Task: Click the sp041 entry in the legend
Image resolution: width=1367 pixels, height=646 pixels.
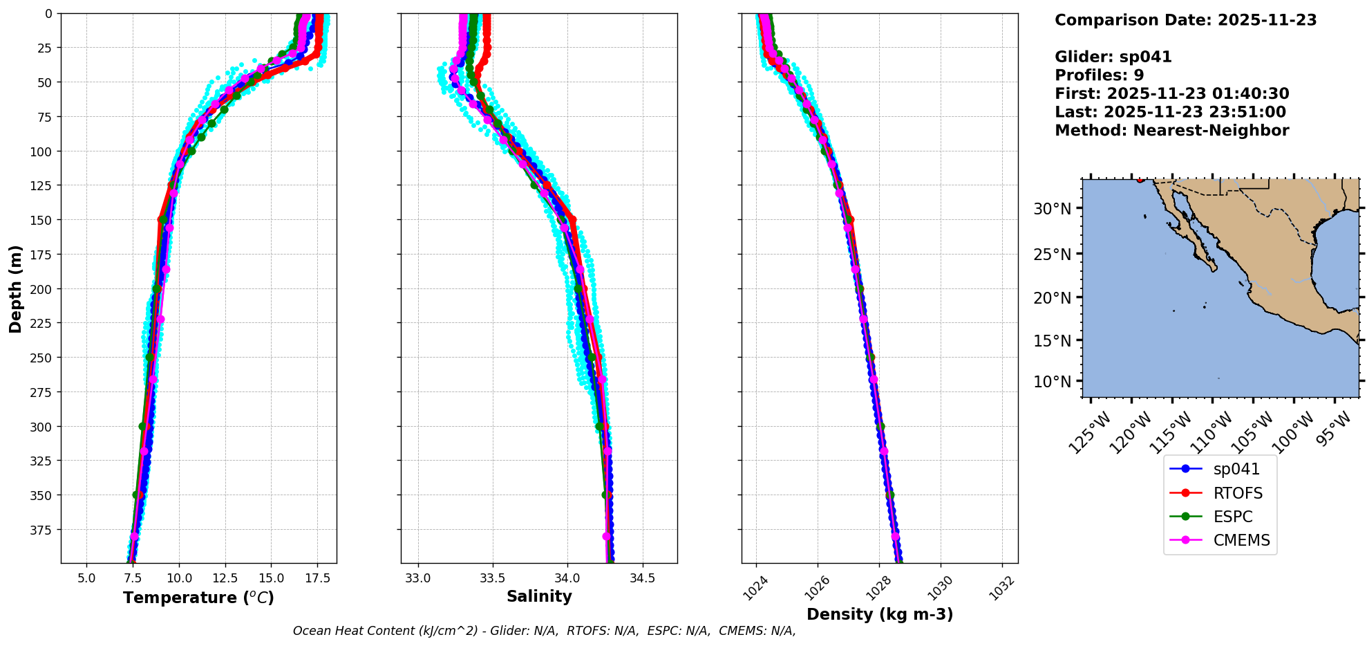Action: click(1236, 469)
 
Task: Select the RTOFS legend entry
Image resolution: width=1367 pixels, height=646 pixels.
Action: click(1237, 493)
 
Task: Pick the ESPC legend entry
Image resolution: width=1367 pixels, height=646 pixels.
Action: click(1232, 517)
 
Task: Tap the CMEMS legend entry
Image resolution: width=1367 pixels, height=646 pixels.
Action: click(1241, 540)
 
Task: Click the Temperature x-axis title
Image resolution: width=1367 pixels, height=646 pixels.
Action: click(198, 598)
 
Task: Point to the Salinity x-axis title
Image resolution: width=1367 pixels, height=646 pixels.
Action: click(539, 596)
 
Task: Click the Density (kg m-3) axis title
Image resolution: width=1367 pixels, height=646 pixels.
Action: click(880, 614)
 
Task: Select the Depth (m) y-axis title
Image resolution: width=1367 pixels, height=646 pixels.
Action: click(15, 288)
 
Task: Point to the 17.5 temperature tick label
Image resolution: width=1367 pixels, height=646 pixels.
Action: click(317, 578)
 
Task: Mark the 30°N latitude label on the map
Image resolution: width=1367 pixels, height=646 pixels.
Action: click(1052, 209)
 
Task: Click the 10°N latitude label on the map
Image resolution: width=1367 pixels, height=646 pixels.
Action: click(1052, 382)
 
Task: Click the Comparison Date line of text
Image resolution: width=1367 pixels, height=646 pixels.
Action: click(1185, 20)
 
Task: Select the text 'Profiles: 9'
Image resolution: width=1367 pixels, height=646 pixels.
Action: click(1099, 75)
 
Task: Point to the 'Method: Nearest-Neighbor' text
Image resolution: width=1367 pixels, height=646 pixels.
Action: click(1171, 131)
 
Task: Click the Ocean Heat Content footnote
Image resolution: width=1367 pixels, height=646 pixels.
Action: click(544, 631)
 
